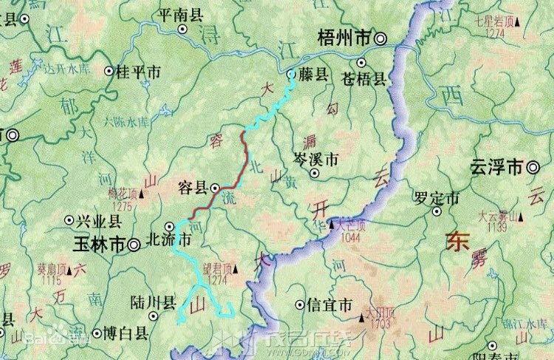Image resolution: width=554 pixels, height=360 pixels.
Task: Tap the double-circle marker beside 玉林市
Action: [134, 243]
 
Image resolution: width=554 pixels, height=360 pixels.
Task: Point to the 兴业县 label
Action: [99, 220]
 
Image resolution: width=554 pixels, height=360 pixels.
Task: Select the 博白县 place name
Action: [126, 333]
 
